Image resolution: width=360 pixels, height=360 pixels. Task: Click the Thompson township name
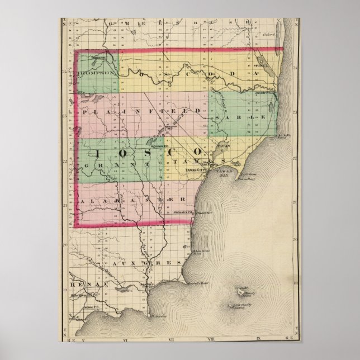click(x=96, y=73)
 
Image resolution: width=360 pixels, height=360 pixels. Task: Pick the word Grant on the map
click(x=112, y=165)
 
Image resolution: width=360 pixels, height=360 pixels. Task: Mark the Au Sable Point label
click(x=285, y=136)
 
